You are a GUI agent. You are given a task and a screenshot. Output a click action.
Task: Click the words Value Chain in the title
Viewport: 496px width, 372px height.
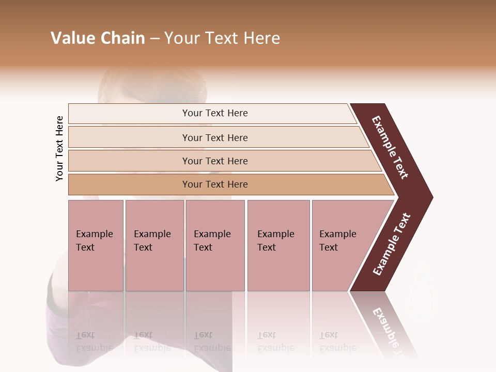click(x=98, y=38)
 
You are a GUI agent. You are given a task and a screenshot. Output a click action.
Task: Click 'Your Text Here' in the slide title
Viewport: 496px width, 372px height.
click(x=222, y=38)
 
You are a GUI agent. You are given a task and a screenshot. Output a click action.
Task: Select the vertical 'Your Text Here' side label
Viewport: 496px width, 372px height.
click(x=59, y=148)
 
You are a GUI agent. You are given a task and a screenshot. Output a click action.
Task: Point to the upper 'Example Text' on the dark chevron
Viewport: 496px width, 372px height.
click(x=390, y=147)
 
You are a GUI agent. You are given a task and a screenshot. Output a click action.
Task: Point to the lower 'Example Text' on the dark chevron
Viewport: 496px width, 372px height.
click(x=391, y=244)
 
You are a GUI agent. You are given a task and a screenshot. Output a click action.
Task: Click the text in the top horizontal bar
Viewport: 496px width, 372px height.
click(x=215, y=113)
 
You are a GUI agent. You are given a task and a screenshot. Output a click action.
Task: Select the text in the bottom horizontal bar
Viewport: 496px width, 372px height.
click(x=215, y=184)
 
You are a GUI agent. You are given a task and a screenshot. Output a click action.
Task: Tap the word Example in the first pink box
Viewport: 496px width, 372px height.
click(x=94, y=234)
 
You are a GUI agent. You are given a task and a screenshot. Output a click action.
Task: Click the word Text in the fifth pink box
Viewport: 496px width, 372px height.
click(x=328, y=247)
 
